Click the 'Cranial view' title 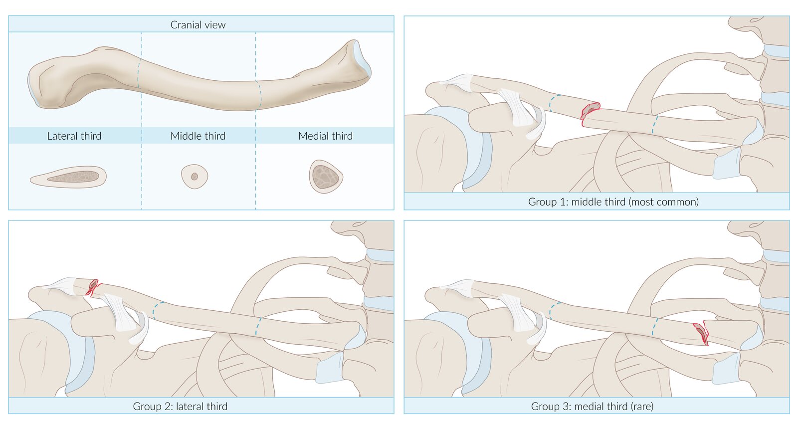pyautogui.click(x=198, y=24)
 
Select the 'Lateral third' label pyautogui.click(x=74, y=136)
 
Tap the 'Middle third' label pyautogui.click(x=198, y=136)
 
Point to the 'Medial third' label pyautogui.click(x=325, y=136)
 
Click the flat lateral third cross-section pyautogui.click(x=69, y=177)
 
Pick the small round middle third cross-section pyautogui.click(x=195, y=177)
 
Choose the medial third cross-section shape pyautogui.click(x=326, y=177)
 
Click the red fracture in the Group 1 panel pyautogui.click(x=591, y=110)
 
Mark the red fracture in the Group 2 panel pyautogui.click(x=93, y=287)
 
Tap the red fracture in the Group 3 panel pyautogui.click(x=701, y=333)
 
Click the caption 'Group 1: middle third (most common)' pyautogui.click(x=613, y=202)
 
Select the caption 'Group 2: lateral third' pyautogui.click(x=180, y=406)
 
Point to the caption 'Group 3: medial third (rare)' pyautogui.click(x=592, y=406)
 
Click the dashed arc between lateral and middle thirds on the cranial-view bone pyautogui.click(x=139, y=73)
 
